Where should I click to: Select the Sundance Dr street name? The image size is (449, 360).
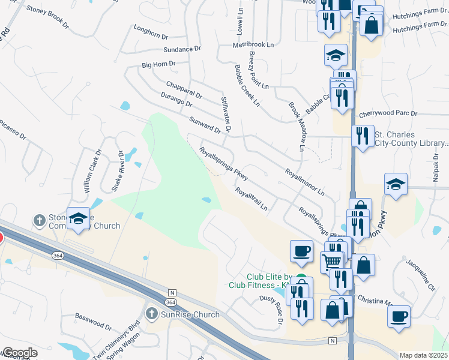[182, 49]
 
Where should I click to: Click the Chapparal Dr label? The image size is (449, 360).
[184, 88]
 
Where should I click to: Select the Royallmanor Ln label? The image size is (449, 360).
[304, 182]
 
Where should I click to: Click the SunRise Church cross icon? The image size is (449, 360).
[152, 314]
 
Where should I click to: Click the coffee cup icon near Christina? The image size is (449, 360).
[399, 316]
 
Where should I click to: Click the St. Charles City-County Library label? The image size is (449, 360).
[411, 139]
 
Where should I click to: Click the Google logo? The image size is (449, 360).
[19, 352]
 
